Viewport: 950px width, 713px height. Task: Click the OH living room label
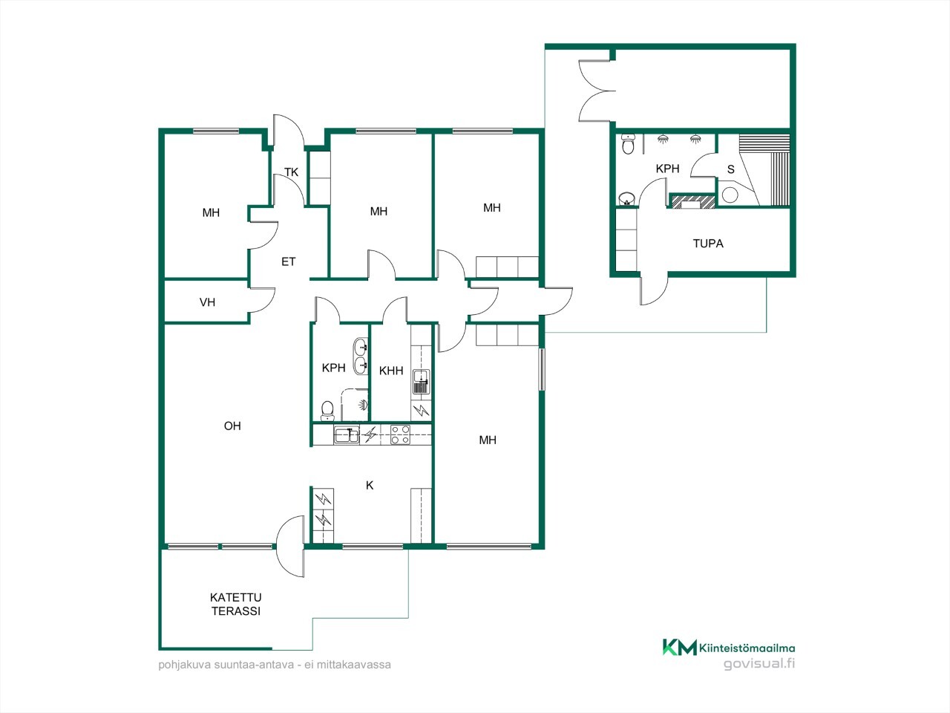tap(232, 426)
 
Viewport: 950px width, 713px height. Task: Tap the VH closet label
tap(207, 302)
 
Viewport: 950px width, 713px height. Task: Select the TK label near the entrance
tap(291, 172)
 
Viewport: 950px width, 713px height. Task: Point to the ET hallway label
tap(288, 261)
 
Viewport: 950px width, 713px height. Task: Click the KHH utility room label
tap(391, 371)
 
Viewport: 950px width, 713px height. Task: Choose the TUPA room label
tap(708, 244)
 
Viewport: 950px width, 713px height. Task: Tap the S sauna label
tap(730, 169)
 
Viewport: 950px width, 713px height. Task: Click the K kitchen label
tap(369, 485)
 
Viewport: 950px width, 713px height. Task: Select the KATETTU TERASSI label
tap(236, 604)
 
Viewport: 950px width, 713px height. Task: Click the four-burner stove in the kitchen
tap(400, 434)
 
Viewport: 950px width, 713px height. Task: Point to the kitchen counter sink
tap(347, 434)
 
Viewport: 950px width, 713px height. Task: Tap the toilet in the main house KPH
tap(327, 411)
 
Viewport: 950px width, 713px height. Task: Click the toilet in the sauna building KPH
tap(628, 144)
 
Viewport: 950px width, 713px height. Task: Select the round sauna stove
tap(730, 195)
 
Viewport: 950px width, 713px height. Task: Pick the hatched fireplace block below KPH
tap(692, 201)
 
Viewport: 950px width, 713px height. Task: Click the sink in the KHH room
tap(420, 381)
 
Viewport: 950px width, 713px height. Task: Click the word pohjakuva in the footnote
tap(179, 665)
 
